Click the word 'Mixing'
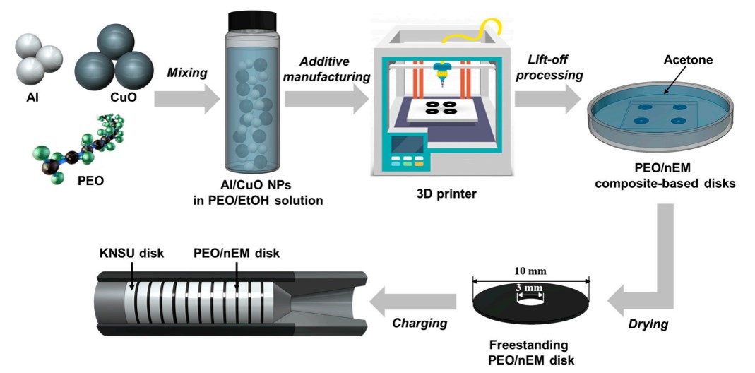(186, 72)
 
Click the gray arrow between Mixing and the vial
(182, 99)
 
